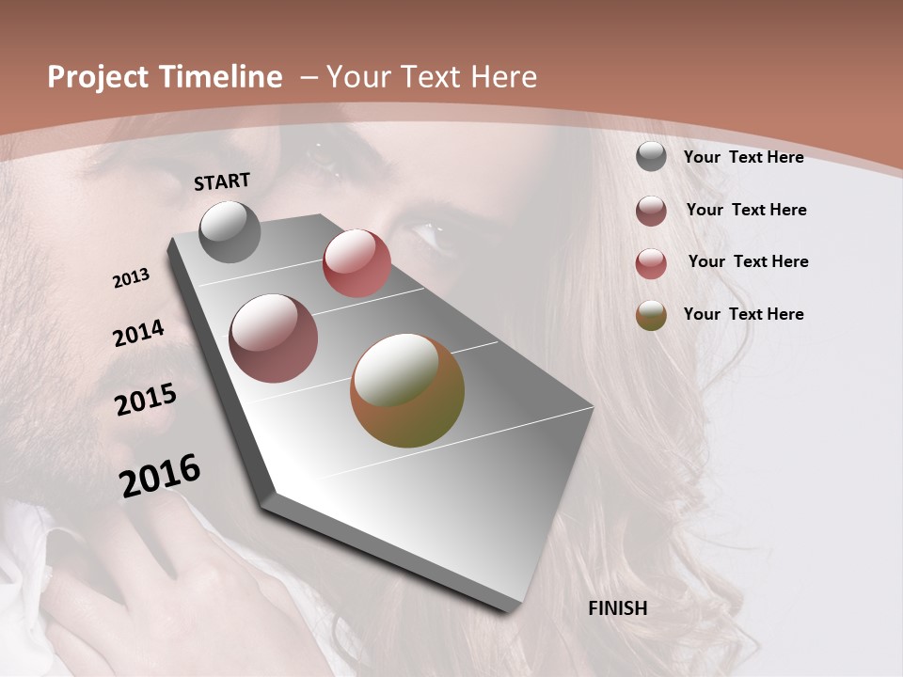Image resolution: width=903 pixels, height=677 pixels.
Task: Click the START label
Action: [222, 181]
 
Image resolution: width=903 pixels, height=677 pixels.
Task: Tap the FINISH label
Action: [618, 608]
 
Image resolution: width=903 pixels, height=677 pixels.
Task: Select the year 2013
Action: [132, 278]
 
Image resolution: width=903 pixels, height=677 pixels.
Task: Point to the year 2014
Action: [138, 334]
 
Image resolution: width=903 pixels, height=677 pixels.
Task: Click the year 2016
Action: [161, 476]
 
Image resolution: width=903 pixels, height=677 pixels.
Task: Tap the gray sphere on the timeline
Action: [230, 231]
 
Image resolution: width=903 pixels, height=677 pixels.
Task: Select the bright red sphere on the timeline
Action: [356, 262]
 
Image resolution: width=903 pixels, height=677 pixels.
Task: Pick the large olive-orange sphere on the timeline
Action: [407, 390]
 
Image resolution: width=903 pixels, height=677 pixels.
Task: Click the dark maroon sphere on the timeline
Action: [274, 338]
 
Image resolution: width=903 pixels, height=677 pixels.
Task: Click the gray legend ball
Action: [651, 156]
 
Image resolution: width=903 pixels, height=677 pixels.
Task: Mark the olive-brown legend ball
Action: [651, 316]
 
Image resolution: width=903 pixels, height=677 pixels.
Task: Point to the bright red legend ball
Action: [651, 263]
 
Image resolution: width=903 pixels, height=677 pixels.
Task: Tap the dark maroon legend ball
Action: [651, 211]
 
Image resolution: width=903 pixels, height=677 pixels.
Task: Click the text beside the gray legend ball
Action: [743, 157]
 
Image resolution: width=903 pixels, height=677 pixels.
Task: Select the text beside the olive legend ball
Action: [743, 314]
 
